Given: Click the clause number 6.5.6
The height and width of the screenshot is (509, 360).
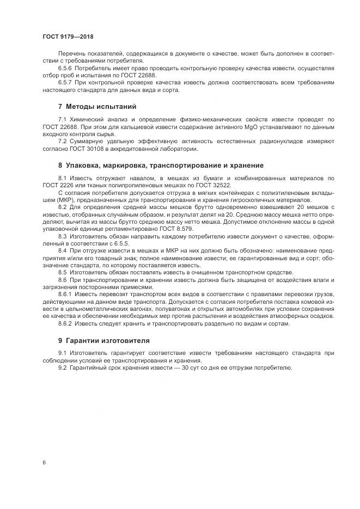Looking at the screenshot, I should (x=66, y=69).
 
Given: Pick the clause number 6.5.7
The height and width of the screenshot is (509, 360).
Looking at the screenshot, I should (x=66, y=83).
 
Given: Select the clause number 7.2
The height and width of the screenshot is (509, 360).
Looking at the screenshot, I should (x=62, y=142).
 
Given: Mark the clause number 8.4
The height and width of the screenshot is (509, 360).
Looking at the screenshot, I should (x=62, y=250).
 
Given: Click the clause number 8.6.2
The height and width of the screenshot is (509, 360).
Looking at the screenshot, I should (x=66, y=323).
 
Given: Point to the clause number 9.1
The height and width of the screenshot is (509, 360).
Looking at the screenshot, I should (x=62, y=353).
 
